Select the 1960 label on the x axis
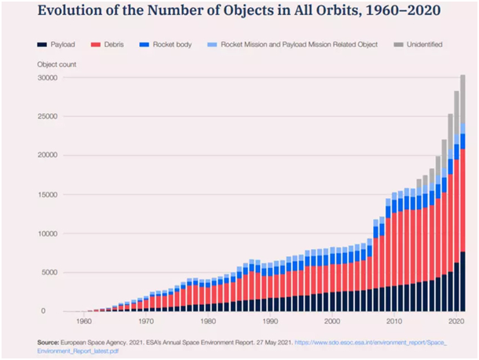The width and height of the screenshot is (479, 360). (x=82, y=321)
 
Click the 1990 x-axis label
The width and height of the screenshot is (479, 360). (x=269, y=321)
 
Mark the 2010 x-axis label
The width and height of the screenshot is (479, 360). (x=393, y=321)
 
